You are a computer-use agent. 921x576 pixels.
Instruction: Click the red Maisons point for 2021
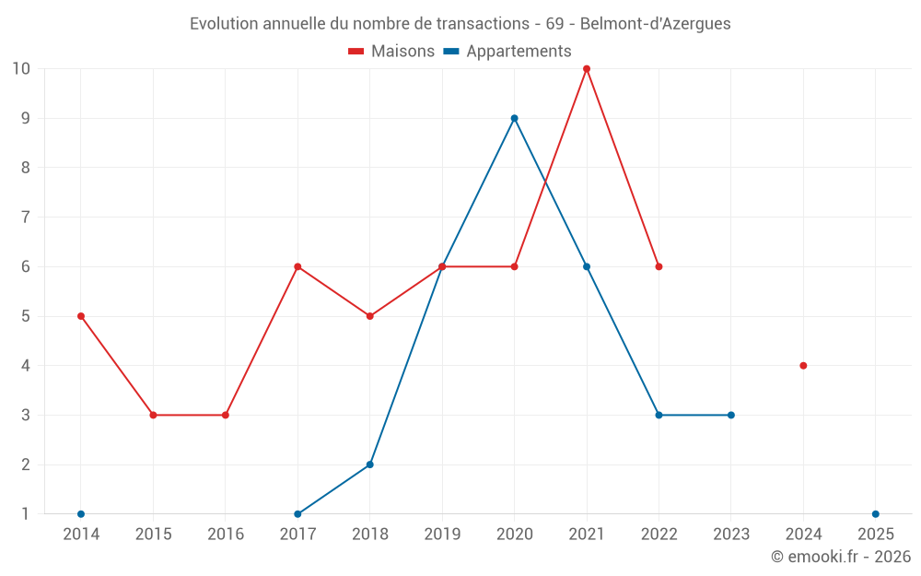point(587,69)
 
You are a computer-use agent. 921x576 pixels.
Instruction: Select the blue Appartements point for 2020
point(514,118)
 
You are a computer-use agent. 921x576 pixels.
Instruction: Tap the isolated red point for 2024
point(803,366)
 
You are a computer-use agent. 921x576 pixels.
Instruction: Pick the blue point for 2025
point(876,514)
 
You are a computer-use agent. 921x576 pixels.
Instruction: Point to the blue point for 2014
point(81,514)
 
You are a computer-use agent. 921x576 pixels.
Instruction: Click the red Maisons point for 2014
point(81,316)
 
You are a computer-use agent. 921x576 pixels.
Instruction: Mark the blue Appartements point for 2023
point(731,415)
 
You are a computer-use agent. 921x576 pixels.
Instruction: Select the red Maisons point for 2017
point(297,266)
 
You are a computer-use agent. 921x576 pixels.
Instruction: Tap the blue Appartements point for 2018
point(369,464)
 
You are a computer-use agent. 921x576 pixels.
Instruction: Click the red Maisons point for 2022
point(659,266)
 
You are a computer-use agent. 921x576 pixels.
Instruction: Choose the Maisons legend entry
point(391,52)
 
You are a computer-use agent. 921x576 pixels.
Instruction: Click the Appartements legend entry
point(507,52)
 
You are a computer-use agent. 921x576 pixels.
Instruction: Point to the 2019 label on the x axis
point(442,535)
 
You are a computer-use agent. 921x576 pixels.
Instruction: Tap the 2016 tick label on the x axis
point(226,535)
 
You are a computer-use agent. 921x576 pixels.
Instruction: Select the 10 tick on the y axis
point(21,69)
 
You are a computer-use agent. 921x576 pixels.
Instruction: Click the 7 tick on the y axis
point(26,217)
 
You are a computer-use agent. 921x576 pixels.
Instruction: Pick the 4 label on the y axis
point(26,366)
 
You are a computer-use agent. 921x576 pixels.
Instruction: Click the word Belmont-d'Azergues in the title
point(655,24)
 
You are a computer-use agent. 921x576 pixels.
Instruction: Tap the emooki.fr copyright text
point(841,557)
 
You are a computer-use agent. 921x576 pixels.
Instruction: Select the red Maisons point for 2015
point(153,415)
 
